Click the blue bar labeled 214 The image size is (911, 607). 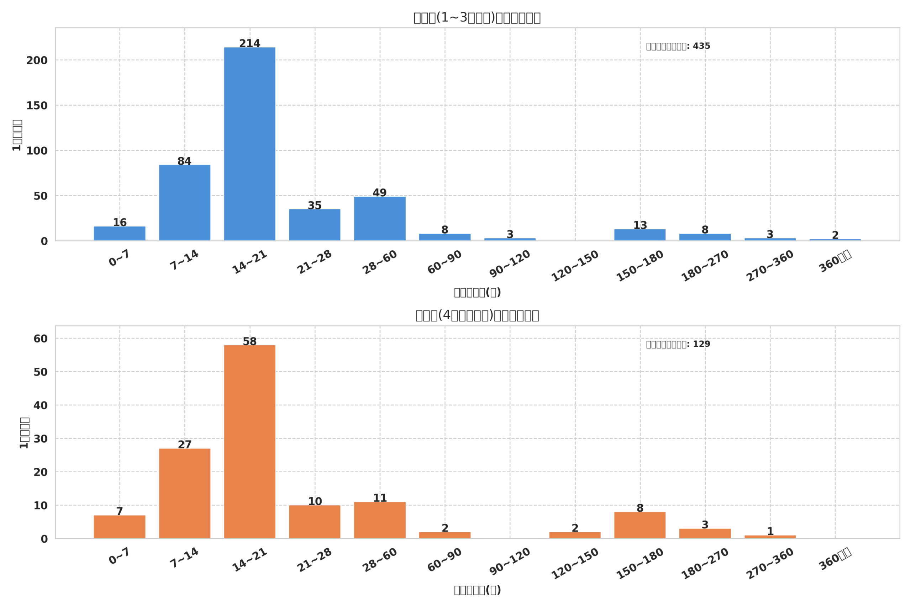click(x=249, y=144)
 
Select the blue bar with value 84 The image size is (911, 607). click(x=184, y=203)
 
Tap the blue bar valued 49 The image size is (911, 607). click(x=380, y=219)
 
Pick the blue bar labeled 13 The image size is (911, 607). click(x=640, y=235)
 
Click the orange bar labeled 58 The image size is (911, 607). click(x=249, y=441)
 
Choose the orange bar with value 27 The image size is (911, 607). click(x=184, y=493)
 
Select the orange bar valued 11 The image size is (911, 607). click(x=380, y=520)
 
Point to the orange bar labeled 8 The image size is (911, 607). click(x=640, y=525)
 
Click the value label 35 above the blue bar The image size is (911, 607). click(x=315, y=206)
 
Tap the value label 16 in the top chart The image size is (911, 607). click(x=119, y=223)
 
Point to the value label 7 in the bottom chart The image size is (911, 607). click(x=119, y=511)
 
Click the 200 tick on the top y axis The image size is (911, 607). click(x=37, y=60)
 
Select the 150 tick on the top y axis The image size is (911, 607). click(x=37, y=106)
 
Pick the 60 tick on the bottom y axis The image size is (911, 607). click(x=40, y=339)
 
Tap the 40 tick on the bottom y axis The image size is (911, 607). click(x=40, y=405)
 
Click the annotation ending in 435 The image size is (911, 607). click(x=678, y=46)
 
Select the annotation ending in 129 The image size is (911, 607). click(x=678, y=344)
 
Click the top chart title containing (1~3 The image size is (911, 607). click(x=477, y=18)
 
